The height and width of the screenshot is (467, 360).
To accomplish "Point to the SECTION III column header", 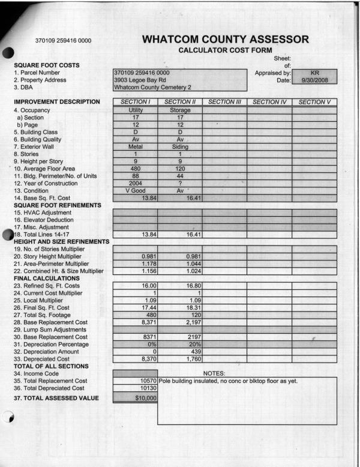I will click(224, 103).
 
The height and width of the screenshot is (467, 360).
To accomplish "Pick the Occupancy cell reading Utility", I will click(135, 110).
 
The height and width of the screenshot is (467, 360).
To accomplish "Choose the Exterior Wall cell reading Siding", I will click(179, 146).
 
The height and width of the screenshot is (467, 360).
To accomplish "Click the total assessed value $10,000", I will click(142, 398).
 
